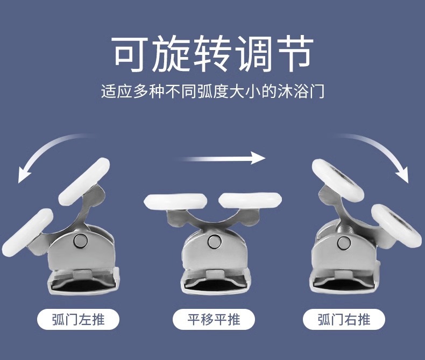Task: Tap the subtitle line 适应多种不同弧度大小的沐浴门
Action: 213,91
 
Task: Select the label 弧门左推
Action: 78,319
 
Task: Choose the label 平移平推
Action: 214,319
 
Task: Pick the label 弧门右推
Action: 344,319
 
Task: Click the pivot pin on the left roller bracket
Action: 81,241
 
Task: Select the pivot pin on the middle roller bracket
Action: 215,241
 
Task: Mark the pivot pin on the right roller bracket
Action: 344,243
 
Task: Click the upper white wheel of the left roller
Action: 84,181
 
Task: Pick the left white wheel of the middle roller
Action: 175,202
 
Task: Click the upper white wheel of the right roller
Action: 338,180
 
